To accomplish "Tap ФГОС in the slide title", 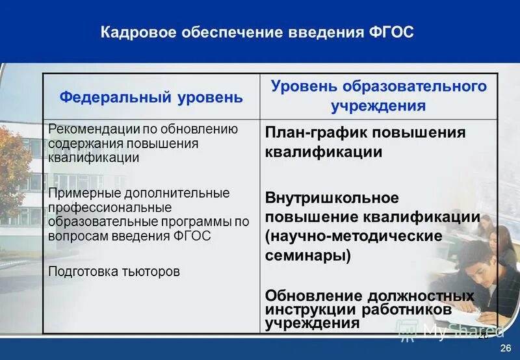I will coord(391,33).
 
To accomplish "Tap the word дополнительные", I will coord(168,193).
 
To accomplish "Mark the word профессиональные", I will coord(109,207).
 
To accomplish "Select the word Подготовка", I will coord(83,271).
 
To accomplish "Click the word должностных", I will coord(421,296).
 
